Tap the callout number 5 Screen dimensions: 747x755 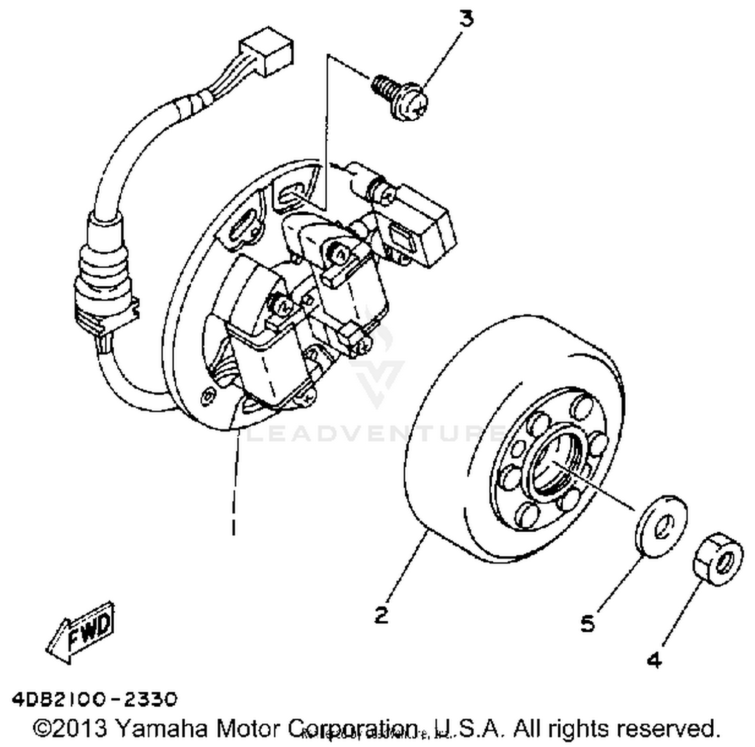[x=587, y=624]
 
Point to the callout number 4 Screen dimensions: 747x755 [x=654, y=660]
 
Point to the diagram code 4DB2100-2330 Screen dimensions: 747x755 [x=95, y=699]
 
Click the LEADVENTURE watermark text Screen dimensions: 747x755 [x=375, y=433]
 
